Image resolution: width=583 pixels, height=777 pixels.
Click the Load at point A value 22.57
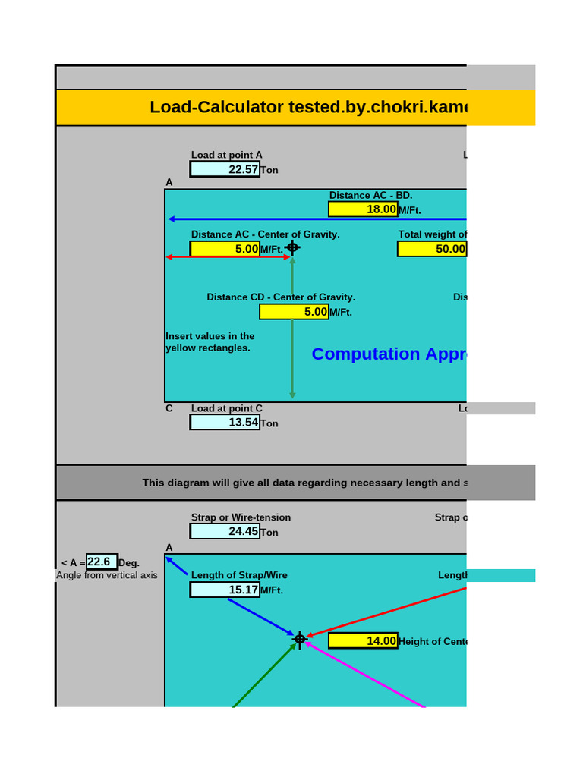tap(225, 169)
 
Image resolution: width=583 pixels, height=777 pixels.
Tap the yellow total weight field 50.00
tap(431, 249)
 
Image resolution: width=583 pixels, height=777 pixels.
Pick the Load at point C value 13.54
tap(225, 422)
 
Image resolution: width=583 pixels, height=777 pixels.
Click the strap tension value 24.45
tap(225, 531)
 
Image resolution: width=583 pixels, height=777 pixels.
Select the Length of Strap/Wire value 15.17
tap(225, 590)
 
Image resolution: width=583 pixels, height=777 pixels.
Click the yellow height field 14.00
tap(363, 641)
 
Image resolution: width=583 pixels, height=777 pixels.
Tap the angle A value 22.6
tap(102, 562)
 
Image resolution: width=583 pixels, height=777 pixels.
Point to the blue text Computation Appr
tap(388, 354)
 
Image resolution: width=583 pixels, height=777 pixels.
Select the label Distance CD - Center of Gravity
tap(281, 297)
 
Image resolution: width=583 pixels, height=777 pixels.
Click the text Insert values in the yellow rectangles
tap(210, 342)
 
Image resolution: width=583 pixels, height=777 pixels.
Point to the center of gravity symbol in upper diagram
tap(292, 247)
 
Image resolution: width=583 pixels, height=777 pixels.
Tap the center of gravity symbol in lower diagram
tap(300, 640)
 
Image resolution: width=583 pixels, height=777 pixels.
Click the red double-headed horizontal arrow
tap(228, 257)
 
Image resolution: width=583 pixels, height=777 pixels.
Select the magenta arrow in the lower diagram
tap(364, 675)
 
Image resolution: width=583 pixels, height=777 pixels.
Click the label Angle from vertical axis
tap(107, 575)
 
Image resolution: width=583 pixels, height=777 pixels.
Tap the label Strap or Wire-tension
tap(241, 517)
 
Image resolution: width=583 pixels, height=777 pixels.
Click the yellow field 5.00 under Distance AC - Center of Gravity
tap(225, 249)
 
